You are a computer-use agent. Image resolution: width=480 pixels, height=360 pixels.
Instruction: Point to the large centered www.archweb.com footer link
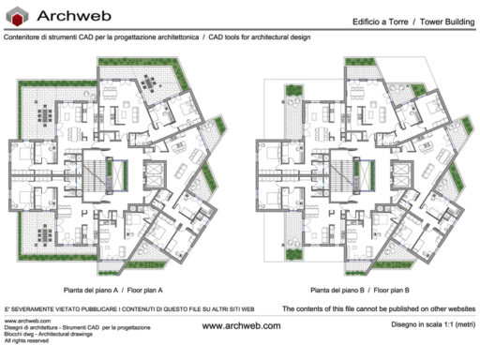coord(241,325)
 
